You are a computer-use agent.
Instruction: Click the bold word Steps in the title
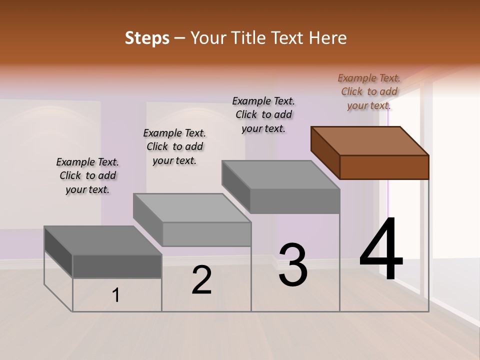[147, 38]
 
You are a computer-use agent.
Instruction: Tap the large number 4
[381, 250]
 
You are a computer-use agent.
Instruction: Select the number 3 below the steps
[293, 265]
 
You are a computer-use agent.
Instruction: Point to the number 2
[202, 280]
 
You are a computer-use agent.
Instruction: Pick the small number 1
[116, 295]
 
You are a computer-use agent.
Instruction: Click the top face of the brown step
[370, 141]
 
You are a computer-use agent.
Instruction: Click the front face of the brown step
[384, 167]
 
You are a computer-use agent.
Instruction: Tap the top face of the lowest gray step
[103, 240]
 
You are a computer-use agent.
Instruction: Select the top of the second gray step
[192, 207]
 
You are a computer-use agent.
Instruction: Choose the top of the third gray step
[281, 175]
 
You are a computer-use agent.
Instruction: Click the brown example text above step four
[369, 91]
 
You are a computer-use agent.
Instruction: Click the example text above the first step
[87, 175]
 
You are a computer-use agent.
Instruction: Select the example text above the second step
[174, 146]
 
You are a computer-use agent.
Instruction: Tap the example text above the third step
[263, 114]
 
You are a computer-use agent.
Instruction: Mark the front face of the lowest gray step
[117, 266]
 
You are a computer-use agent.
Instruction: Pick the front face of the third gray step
[294, 201]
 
